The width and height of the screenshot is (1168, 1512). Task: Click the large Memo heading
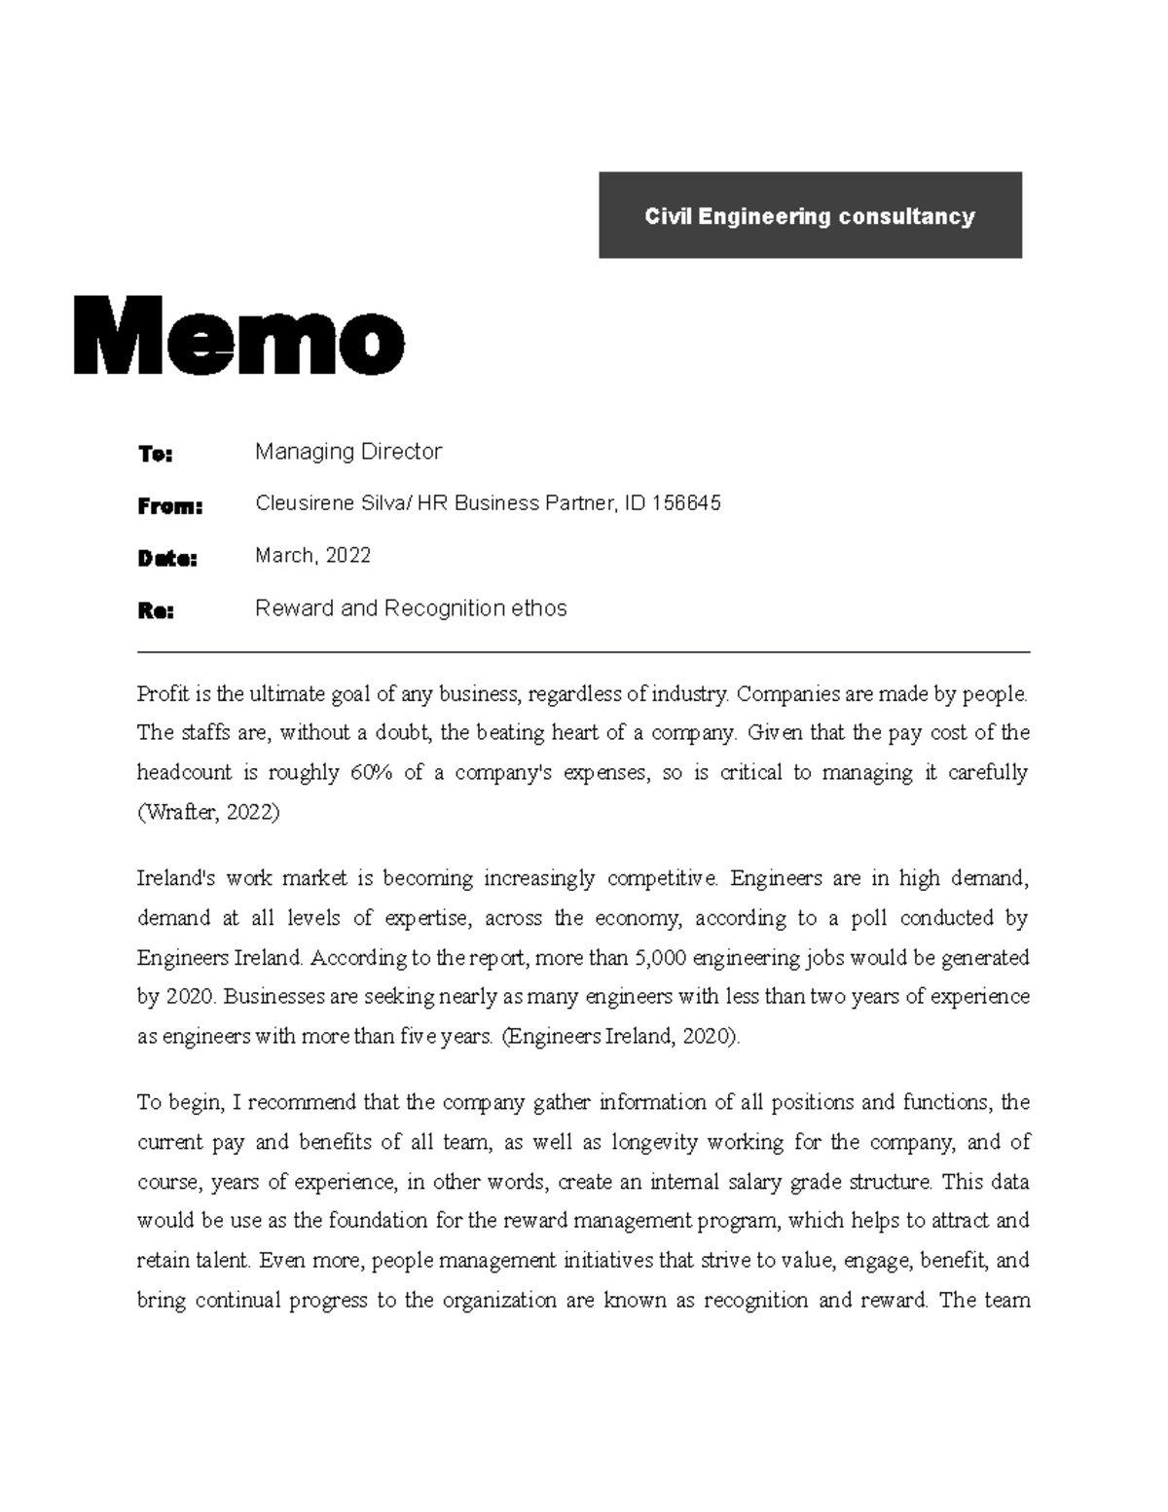coord(238,337)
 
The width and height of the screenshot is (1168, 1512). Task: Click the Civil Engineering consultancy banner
coord(809,216)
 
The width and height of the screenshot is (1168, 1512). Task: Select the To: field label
coord(155,454)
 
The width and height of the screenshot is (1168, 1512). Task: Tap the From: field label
coord(169,506)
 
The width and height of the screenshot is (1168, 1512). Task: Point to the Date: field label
coord(166,559)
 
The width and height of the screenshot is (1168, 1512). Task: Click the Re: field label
coord(156,611)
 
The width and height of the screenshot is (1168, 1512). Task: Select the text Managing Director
coord(347,452)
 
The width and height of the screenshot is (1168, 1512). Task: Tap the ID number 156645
coord(686,503)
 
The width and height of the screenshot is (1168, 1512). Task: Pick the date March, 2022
coord(312,556)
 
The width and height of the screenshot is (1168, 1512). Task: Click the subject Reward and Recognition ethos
coord(410,608)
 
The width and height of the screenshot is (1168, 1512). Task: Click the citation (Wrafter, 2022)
coord(208,813)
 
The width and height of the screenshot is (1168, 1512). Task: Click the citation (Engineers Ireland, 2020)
coord(621,1037)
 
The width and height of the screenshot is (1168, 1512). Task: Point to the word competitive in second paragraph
coord(661,879)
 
